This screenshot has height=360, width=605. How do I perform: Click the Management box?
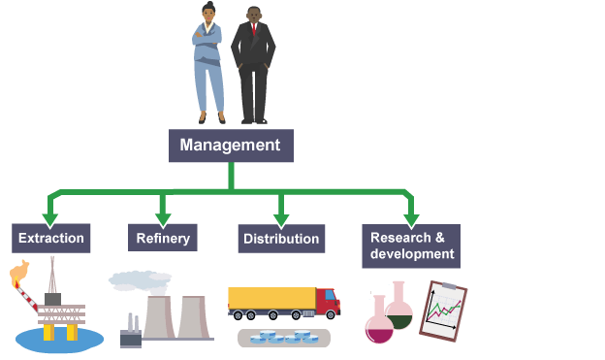tap(231, 146)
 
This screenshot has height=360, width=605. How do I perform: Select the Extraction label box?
tap(51, 239)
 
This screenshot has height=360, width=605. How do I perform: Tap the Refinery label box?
tap(163, 238)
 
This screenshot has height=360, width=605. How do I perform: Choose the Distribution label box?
tap(281, 239)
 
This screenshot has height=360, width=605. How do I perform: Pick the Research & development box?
tap(411, 246)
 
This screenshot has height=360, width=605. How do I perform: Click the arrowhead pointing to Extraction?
tap(50, 220)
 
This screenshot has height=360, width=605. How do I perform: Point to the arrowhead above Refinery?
tap(163, 220)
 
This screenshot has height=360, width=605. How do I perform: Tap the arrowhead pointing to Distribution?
tap(281, 220)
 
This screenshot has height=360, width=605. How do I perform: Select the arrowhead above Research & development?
tap(411, 220)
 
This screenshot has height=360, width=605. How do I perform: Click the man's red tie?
tap(253, 29)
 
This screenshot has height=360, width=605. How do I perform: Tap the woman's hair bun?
tap(209, 4)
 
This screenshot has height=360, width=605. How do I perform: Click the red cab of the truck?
tap(328, 301)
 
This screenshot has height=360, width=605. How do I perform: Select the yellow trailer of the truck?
tap(272, 298)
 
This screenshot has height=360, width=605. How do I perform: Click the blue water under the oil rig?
tap(59, 341)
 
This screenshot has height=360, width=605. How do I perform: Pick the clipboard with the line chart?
tap(443, 311)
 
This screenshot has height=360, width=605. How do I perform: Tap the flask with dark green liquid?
tap(398, 307)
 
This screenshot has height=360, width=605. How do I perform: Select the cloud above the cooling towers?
tap(140, 280)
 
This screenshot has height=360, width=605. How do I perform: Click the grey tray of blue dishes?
tap(284, 338)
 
